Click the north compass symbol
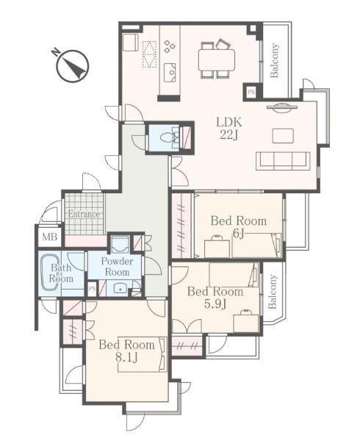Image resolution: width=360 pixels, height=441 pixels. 73,66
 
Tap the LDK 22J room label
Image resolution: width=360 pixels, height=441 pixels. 228,129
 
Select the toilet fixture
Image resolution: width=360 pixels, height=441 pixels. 169,138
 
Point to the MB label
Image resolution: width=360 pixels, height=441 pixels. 49,237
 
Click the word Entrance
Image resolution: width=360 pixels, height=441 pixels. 84,215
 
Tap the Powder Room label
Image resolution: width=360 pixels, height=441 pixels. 117,267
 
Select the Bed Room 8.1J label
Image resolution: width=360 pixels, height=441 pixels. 127,351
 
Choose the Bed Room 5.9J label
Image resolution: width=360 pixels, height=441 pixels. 215,298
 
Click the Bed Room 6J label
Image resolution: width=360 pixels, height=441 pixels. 239,226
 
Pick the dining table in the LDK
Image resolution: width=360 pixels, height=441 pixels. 217,60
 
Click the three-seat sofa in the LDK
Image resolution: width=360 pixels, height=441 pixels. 283,161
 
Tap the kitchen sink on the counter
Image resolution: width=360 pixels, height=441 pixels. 170,73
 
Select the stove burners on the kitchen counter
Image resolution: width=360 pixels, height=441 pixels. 170,47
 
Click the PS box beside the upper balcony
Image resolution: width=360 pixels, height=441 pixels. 251,92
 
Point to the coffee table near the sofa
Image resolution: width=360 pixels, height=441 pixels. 283,135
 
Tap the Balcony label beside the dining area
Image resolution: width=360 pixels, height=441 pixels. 274,60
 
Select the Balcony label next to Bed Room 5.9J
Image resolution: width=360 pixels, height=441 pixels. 273,292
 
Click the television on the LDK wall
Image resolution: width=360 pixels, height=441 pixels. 281,107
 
